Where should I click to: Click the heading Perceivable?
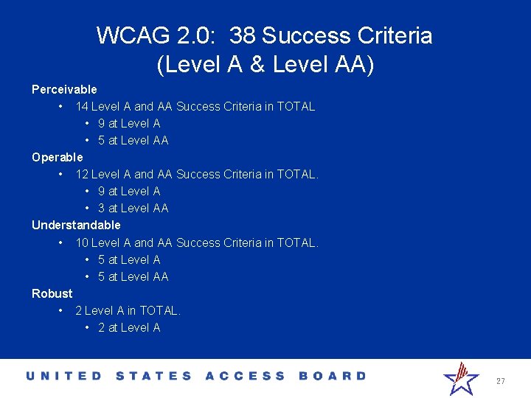pyautogui.click(x=64, y=89)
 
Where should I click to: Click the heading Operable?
pyautogui.click(x=58, y=157)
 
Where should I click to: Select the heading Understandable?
pyautogui.click(x=76, y=225)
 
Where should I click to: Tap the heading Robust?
pyautogui.click(x=52, y=293)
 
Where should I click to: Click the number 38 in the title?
pyautogui.click(x=243, y=35)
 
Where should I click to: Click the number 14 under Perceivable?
pyautogui.click(x=82, y=106)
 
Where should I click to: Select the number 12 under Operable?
pyautogui.click(x=82, y=174)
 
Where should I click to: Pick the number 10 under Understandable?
pyautogui.click(x=82, y=242)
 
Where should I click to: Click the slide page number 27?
pyautogui.click(x=501, y=381)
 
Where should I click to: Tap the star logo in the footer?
pyautogui.click(x=461, y=378)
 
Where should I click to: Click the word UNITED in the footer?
pyautogui.click(x=64, y=376)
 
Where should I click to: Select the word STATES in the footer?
pyautogui.click(x=154, y=376)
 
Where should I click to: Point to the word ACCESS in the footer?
pyautogui.click(x=245, y=376)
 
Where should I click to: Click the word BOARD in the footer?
pyautogui.click(x=332, y=376)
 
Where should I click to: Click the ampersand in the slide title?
pyautogui.click(x=257, y=65)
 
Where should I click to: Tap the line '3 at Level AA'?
pyautogui.click(x=133, y=208)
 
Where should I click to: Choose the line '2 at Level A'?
pyautogui.click(x=129, y=327)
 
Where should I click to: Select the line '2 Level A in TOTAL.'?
pyautogui.click(x=128, y=310)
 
